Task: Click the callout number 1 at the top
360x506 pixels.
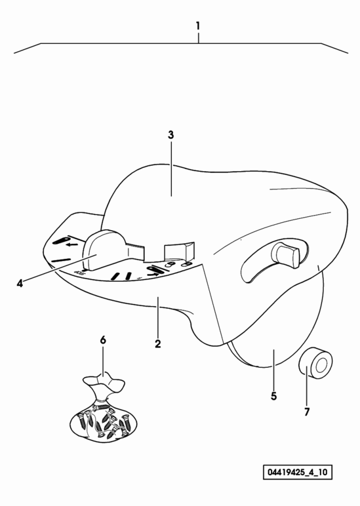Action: click(198, 26)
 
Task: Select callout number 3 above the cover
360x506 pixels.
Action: click(170, 135)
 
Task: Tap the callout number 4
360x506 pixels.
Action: click(20, 284)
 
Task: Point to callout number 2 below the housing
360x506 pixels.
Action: click(157, 344)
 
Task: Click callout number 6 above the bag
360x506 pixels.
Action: click(103, 340)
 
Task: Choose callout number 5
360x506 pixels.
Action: click(274, 396)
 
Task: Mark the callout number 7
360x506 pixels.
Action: click(307, 412)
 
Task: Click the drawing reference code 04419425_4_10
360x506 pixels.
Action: click(297, 473)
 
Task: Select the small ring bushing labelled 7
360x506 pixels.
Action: click(315, 362)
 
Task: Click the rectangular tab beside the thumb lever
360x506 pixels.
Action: click(180, 251)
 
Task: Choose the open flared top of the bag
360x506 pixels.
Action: click(104, 381)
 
